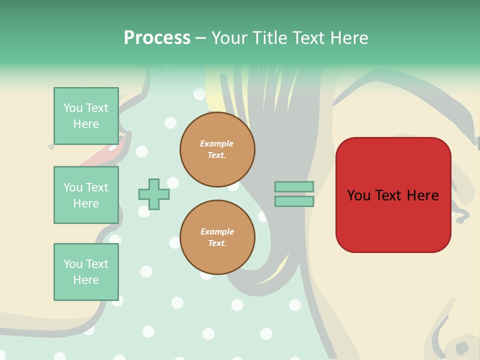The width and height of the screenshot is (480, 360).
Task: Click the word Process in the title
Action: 157,38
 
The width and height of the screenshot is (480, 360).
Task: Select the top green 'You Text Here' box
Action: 86,116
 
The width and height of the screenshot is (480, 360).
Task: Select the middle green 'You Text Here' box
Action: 86,195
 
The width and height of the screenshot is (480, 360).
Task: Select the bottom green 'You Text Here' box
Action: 86,272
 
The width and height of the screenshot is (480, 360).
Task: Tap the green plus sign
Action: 154,194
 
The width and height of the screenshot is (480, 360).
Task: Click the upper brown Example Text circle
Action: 217,149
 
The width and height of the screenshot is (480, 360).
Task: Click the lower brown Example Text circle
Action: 217,237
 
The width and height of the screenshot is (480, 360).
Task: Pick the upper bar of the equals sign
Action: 294,186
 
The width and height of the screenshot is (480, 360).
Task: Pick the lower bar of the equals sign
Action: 294,201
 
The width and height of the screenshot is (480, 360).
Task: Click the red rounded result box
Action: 393,220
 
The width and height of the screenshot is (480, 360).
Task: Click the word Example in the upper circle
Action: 217,143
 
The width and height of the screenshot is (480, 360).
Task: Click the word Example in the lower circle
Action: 217,231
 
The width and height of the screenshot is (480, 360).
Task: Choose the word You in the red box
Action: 358,195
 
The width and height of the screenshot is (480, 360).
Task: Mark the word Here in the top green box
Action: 86,124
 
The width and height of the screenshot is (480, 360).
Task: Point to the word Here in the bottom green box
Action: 86,280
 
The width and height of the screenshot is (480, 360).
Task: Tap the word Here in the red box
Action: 423,195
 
